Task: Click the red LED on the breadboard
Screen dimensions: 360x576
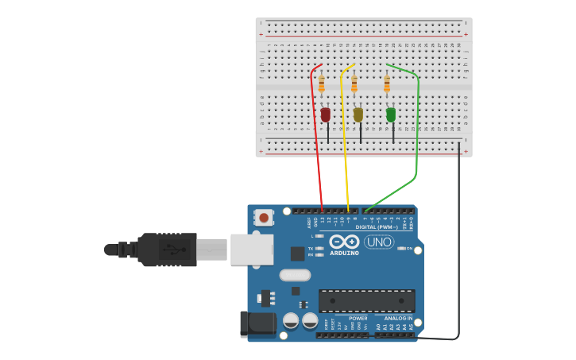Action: click(325, 115)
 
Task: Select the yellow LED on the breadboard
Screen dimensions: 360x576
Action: click(358, 114)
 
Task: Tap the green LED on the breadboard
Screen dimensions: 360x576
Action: click(391, 114)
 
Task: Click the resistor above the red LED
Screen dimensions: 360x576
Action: click(322, 84)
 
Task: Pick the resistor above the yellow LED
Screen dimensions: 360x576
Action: click(354, 84)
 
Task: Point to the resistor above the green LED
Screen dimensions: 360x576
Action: click(387, 84)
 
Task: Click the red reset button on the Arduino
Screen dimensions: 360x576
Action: click(264, 217)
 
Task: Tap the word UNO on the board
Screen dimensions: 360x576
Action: click(379, 242)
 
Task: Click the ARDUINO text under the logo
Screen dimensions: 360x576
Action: click(344, 254)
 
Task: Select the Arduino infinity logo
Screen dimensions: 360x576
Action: click(344, 242)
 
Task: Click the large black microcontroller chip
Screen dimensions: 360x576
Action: click(366, 300)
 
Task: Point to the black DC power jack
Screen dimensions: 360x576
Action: click(257, 323)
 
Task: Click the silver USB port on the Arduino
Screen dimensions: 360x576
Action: click(252, 249)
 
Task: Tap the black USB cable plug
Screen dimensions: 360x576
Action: click(167, 250)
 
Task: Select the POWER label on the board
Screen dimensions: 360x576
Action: click(358, 318)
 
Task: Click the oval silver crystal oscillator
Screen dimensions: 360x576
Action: click(295, 275)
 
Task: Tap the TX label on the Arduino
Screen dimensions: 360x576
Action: click(311, 248)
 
